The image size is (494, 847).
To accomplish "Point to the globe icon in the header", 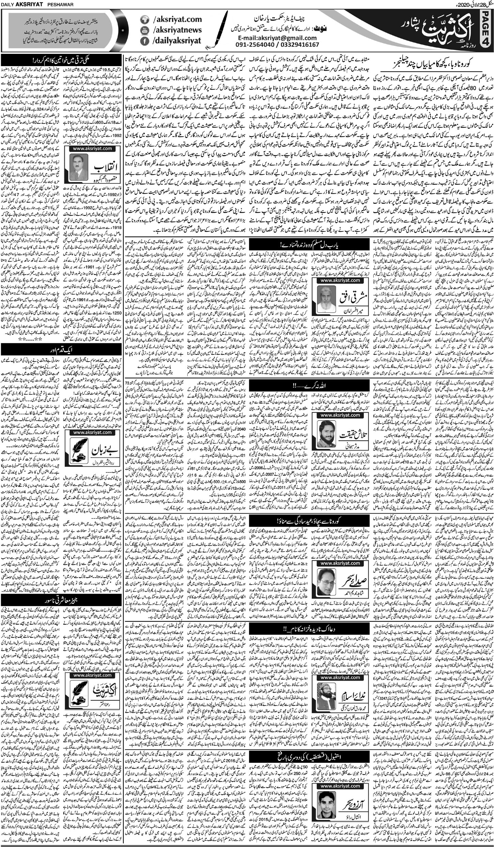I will point(144,20).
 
